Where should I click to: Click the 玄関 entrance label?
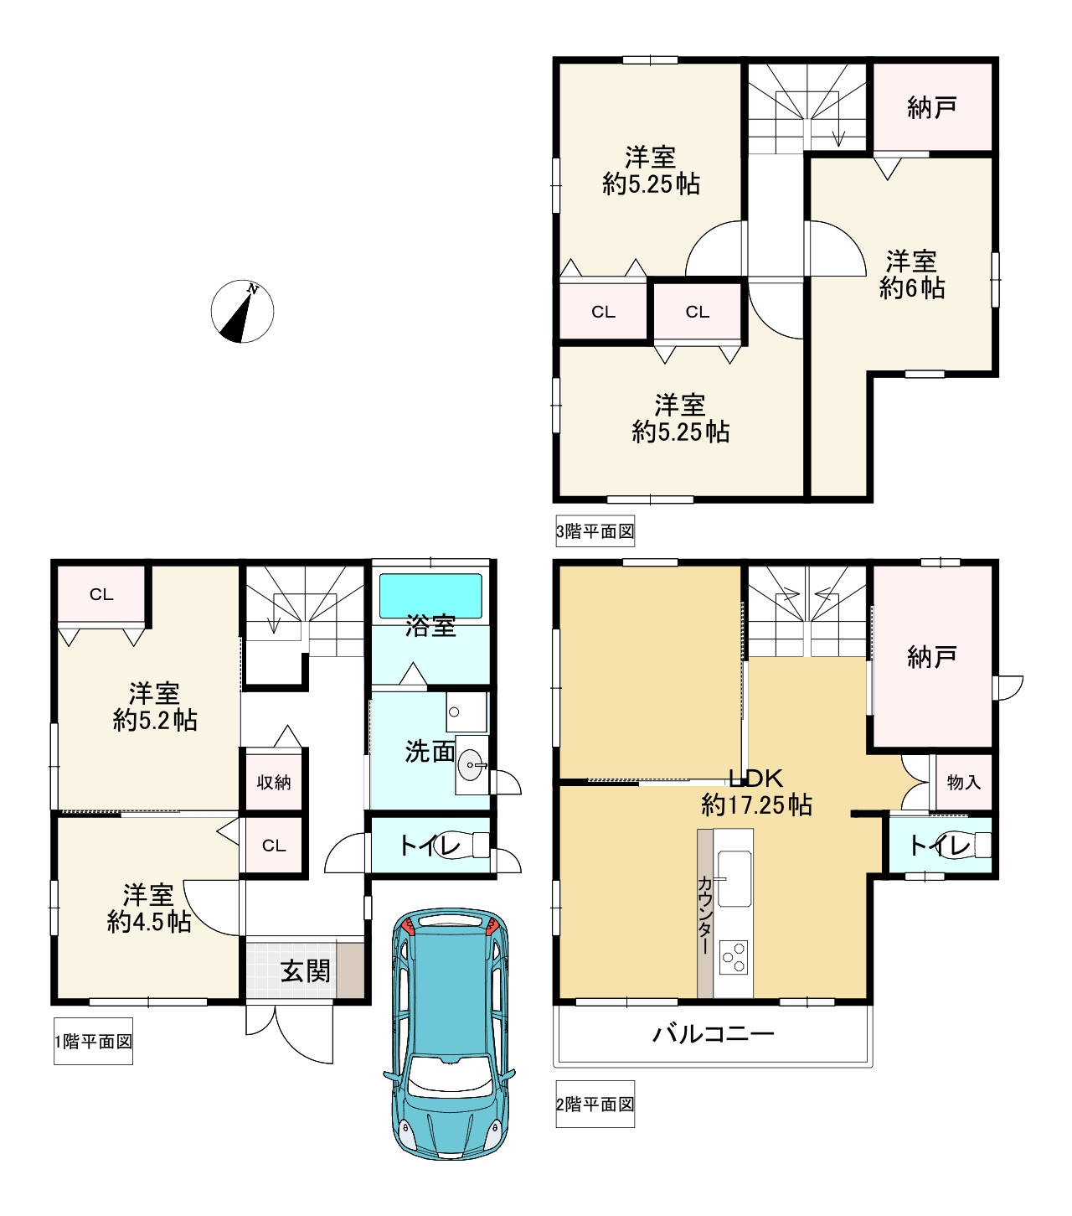[306, 970]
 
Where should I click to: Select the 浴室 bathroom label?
[430, 626]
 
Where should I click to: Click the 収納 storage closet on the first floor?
[274, 782]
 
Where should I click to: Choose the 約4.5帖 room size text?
[149, 921]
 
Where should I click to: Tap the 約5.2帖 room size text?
[155, 720]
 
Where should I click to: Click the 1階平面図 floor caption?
[93, 1042]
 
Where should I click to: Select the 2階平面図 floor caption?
[595, 1105]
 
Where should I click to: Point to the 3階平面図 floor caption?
[595, 531]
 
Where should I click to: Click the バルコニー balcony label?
[714, 1033]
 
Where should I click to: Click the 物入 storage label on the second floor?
[963, 782]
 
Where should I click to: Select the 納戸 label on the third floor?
[931, 108]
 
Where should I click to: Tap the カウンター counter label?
[705, 914]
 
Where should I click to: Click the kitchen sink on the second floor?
[734, 879]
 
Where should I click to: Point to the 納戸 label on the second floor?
[931, 657]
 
